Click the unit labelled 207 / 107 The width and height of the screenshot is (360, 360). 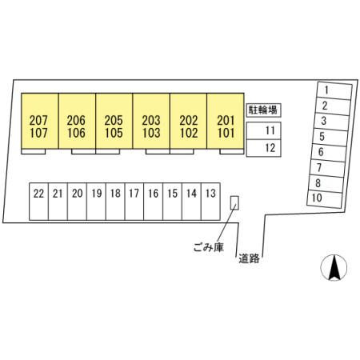(40, 121)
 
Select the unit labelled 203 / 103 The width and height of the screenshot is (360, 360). (151, 121)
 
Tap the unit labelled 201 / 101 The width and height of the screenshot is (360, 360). (226, 121)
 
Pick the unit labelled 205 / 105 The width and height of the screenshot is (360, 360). (114, 121)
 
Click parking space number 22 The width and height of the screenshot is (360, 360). (38, 202)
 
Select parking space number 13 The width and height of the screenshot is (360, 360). (210, 202)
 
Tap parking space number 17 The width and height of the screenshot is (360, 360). (134, 202)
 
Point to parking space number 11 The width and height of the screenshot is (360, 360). (263, 130)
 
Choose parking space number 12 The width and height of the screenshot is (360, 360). (263, 148)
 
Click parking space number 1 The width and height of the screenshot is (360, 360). (334, 90)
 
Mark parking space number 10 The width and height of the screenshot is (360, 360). (325, 199)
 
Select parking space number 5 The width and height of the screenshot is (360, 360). (330, 138)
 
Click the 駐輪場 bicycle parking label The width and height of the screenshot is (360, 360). (263, 110)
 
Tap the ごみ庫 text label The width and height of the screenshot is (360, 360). (209, 247)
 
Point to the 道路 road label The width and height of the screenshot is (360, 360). (249, 258)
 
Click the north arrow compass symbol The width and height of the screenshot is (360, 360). (334, 267)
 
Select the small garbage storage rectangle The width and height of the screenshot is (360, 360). (234, 203)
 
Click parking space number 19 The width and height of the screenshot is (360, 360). (96, 202)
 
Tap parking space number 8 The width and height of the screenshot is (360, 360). (326, 183)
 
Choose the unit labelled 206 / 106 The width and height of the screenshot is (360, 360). (77, 121)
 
